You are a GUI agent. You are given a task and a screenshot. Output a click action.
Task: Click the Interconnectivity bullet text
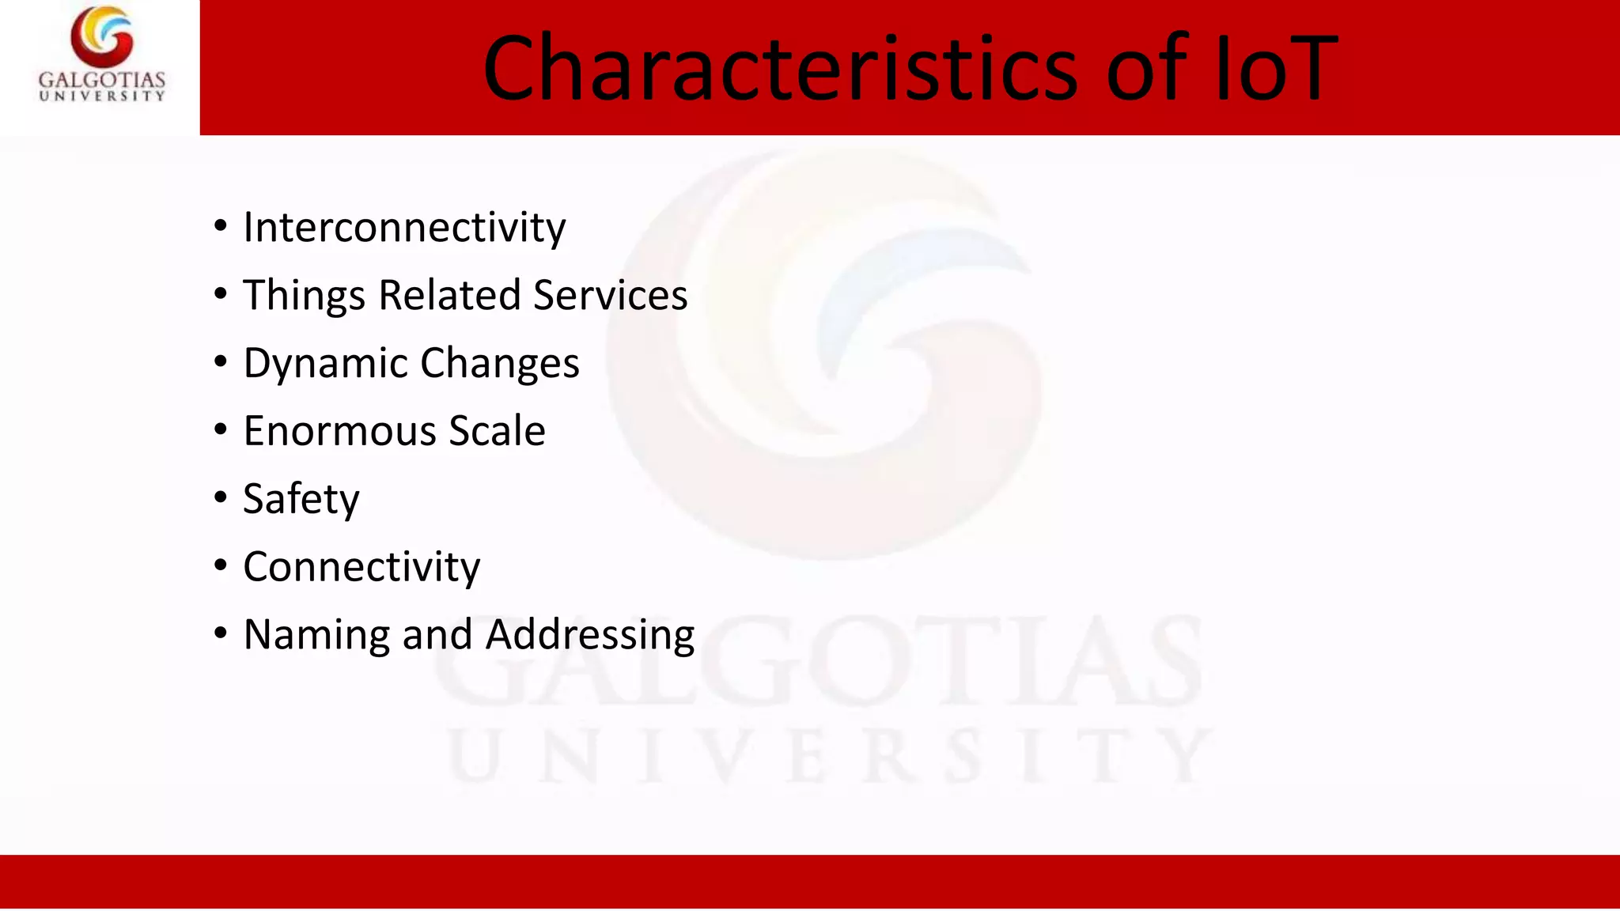pos(404,228)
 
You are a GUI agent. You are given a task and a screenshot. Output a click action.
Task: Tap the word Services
pos(610,296)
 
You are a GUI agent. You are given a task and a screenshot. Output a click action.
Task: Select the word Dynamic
pos(326,364)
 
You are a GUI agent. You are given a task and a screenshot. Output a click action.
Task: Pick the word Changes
pos(500,364)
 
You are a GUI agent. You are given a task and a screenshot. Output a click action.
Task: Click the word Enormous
pos(340,431)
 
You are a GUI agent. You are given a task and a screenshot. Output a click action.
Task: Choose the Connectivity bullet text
pos(361,567)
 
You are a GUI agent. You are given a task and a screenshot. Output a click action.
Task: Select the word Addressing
pos(590,635)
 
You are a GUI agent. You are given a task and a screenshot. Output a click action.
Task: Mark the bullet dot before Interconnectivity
pos(221,226)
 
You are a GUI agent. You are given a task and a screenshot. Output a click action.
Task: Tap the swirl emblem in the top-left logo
pos(102,36)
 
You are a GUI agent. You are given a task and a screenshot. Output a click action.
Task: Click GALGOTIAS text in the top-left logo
pos(102,80)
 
